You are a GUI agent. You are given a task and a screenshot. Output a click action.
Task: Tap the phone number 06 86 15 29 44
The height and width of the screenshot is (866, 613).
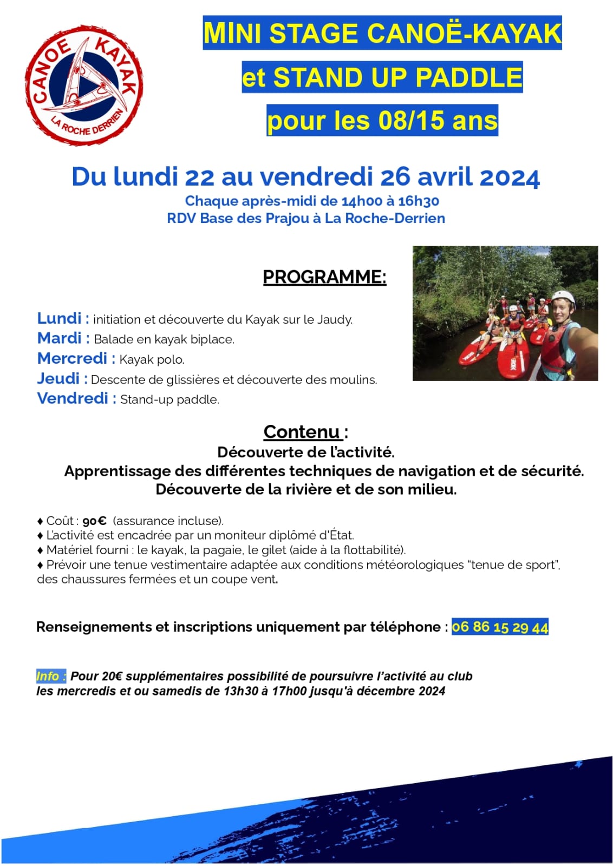click(x=500, y=627)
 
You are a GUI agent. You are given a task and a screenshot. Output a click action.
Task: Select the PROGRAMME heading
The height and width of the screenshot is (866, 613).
click(x=324, y=277)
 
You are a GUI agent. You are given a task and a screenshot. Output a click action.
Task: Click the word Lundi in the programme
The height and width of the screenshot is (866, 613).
click(x=60, y=318)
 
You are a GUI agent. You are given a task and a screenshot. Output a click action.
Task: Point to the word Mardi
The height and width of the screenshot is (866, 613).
click(x=60, y=338)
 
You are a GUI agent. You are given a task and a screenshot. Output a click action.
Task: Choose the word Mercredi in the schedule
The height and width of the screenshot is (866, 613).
click(x=73, y=358)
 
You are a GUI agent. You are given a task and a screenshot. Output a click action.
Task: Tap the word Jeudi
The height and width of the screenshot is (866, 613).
click(x=58, y=378)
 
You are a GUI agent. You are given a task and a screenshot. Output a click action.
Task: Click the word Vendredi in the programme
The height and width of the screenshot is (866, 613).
click(x=73, y=398)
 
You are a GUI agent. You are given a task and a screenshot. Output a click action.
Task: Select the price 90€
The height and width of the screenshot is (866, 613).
click(x=94, y=521)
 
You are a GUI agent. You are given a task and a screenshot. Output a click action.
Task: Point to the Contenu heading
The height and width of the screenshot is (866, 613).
click(x=302, y=432)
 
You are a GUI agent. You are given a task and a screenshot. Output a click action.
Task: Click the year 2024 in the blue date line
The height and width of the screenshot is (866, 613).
click(x=510, y=177)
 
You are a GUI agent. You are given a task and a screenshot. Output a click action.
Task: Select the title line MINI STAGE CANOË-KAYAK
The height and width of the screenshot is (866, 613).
click(x=382, y=33)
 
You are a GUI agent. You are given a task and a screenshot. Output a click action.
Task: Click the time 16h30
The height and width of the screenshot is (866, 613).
click(x=419, y=201)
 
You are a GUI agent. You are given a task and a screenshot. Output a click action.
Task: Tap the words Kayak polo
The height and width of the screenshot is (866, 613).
click(x=152, y=359)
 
